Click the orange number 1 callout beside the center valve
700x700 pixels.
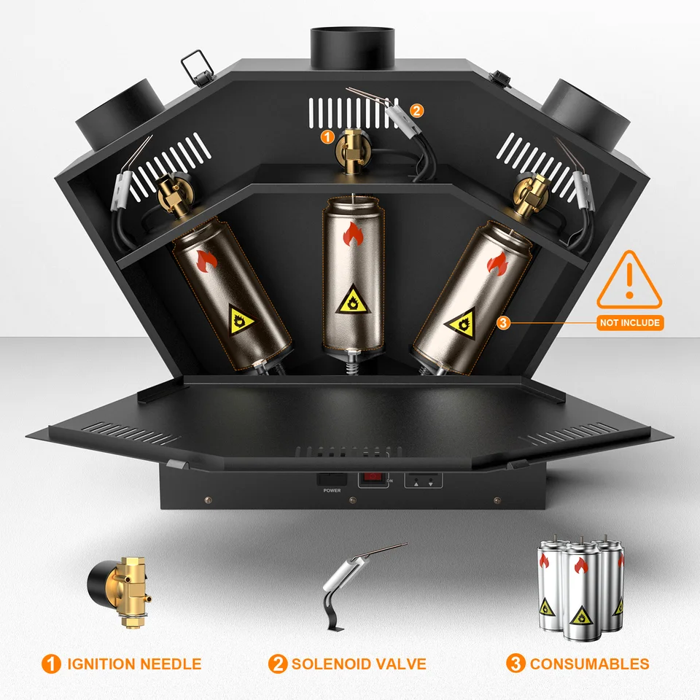[328, 136]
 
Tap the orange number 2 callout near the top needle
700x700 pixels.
[416, 111]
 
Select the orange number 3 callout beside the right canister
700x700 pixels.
[502, 322]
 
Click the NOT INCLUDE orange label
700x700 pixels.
[629, 322]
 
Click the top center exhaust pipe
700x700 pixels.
[352, 45]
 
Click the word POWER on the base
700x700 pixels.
[331, 491]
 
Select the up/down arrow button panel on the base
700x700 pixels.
[424, 481]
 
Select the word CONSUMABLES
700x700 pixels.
[589, 664]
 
